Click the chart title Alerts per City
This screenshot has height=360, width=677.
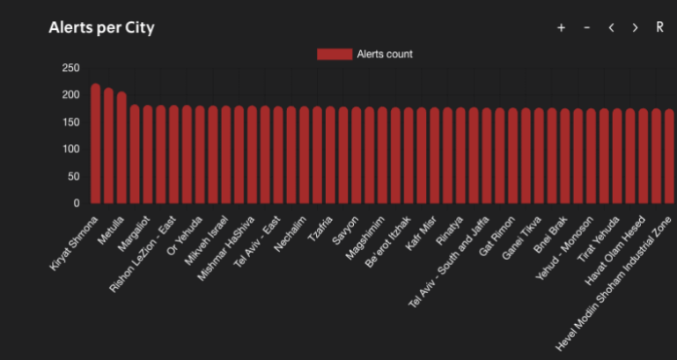101,28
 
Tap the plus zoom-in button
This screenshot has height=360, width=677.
561,28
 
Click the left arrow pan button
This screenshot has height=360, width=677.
611,28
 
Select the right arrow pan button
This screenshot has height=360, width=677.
635,28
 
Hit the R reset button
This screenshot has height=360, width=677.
659,28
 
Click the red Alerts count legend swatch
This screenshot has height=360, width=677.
334,55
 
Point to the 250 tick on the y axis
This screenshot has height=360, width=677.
70,68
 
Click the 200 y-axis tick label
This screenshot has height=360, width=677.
70,95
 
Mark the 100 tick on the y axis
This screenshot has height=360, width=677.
70,149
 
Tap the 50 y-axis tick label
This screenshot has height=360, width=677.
73,176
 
